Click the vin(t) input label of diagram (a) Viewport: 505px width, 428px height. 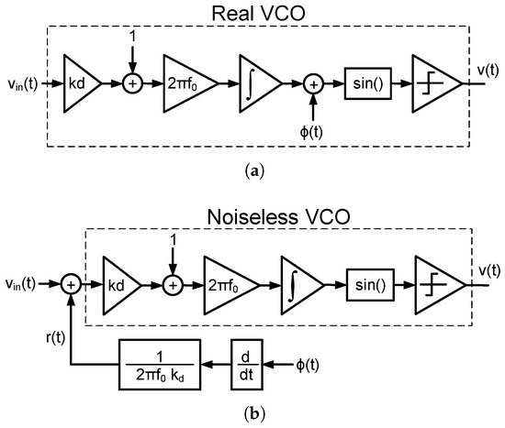click(19, 83)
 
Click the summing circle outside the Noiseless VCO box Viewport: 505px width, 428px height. click(69, 286)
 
